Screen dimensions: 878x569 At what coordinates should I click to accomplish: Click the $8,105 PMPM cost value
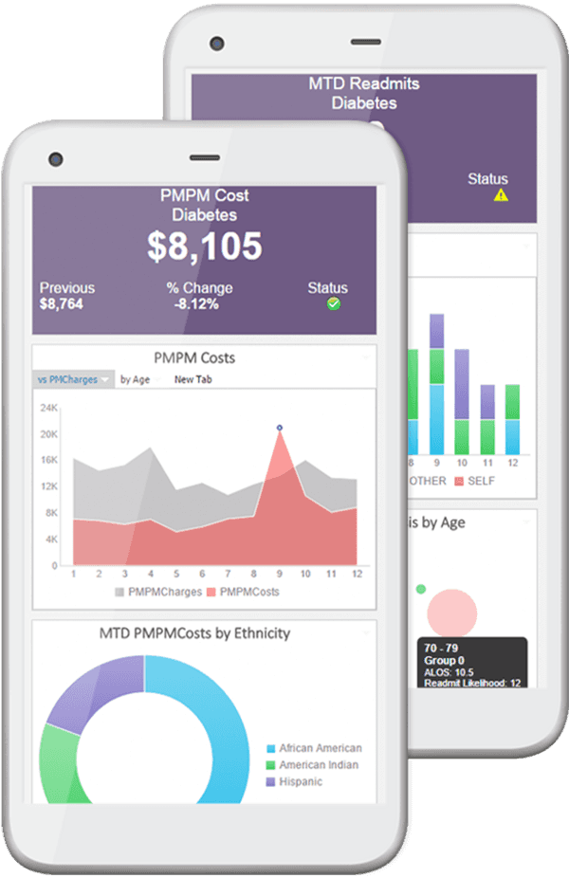(x=204, y=247)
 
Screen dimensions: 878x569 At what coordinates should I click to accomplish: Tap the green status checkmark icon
(x=333, y=304)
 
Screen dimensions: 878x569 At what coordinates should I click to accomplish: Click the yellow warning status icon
(x=501, y=195)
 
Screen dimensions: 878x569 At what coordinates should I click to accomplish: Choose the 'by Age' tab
(x=135, y=379)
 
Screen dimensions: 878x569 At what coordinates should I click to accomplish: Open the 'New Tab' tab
(x=193, y=379)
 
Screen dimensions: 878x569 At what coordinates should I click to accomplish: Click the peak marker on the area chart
(x=279, y=428)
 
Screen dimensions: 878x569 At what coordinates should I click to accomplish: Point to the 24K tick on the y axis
(x=49, y=407)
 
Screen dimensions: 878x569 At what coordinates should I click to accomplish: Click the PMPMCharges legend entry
(x=158, y=592)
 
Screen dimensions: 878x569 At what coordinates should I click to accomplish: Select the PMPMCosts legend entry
(x=243, y=592)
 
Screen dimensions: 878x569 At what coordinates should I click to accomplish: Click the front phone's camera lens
(x=55, y=158)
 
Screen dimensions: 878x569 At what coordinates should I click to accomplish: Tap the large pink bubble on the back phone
(x=451, y=612)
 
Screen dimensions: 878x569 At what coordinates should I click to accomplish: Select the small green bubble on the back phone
(x=421, y=589)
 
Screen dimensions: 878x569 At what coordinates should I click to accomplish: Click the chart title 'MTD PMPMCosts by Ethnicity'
(x=194, y=632)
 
